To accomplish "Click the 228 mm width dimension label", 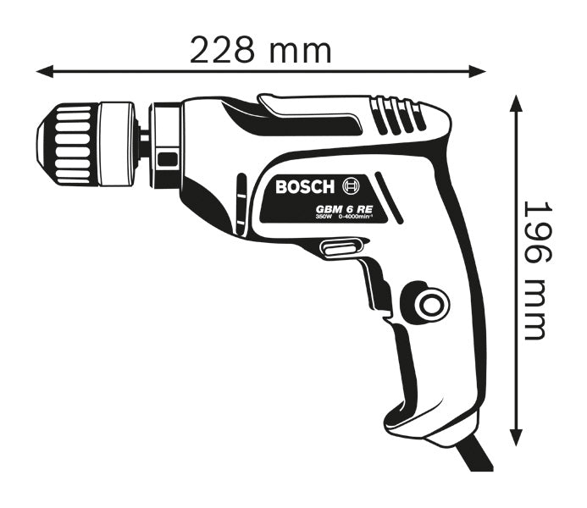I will coord(260,50).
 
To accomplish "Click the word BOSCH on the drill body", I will coord(306,186).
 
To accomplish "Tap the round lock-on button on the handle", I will coord(428,301).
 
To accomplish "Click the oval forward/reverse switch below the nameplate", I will coord(339,247).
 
